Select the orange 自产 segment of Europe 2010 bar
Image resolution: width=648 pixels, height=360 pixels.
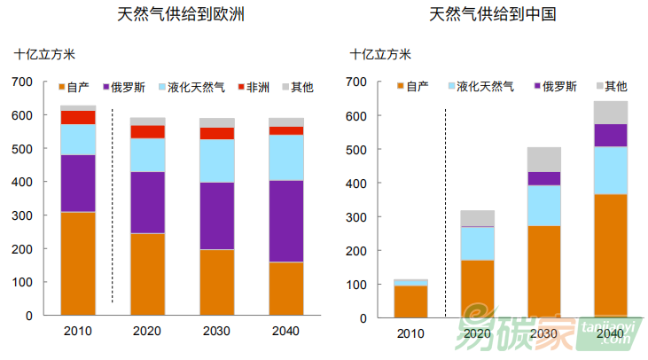pyautogui.click(x=78, y=263)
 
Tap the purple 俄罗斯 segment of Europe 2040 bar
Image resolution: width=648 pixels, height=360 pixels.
pyautogui.click(x=286, y=221)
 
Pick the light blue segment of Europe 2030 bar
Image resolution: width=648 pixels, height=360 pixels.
pyautogui.click(x=217, y=160)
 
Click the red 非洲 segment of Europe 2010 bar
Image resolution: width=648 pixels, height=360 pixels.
pyautogui.click(x=78, y=117)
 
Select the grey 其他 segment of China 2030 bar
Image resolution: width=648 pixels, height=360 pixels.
pyautogui.click(x=543, y=160)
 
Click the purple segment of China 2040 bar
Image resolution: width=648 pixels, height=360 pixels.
pyautogui.click(x=610, y=135)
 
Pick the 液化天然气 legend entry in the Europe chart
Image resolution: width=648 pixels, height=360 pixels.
pyautogui.click(x=191, y=88)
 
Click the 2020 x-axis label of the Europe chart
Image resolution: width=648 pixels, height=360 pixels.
pyautogui.click(x=147, y=332)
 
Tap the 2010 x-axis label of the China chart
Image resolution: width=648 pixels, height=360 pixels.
pyautogui.click(x=410, y=333)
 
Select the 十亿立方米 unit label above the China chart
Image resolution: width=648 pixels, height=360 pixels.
pyautogui.click(x=381, y=54)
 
